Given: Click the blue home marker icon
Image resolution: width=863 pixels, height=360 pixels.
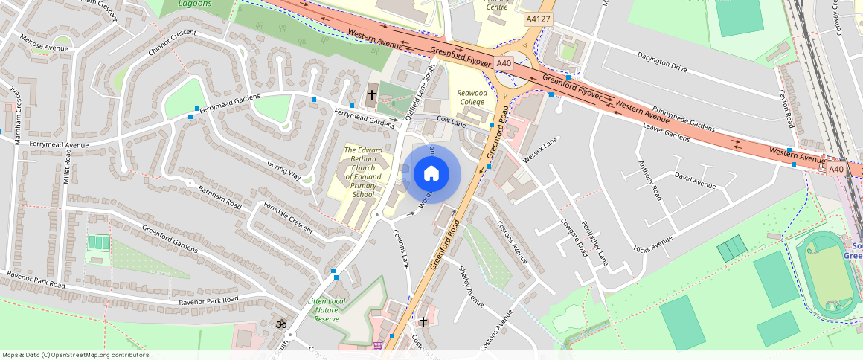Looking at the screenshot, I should pyautogui.click(x=431, y=174).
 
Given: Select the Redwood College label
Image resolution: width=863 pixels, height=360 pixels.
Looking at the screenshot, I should pyautogui.click(x=472, y=97).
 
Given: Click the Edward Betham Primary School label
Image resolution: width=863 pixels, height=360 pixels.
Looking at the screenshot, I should pyautogui.click(x=364, y=173).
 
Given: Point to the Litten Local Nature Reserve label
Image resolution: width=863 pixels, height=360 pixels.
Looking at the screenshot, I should pyautogui.click(x=327, y=310).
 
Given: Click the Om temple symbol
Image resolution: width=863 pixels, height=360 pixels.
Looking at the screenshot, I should pyautogui.click(x=281, y=324).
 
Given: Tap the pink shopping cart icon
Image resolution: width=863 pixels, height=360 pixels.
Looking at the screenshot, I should pyautogui.click(x=378, y=345).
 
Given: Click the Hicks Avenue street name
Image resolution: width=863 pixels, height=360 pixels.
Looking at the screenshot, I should pyautogui.click(x=652, y=244).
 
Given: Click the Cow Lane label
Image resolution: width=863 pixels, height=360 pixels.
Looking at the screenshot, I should pyautogui.click(x=451, y=121).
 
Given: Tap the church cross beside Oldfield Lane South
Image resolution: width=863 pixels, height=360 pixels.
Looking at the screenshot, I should pyautogui.click(x=372, y=95).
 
